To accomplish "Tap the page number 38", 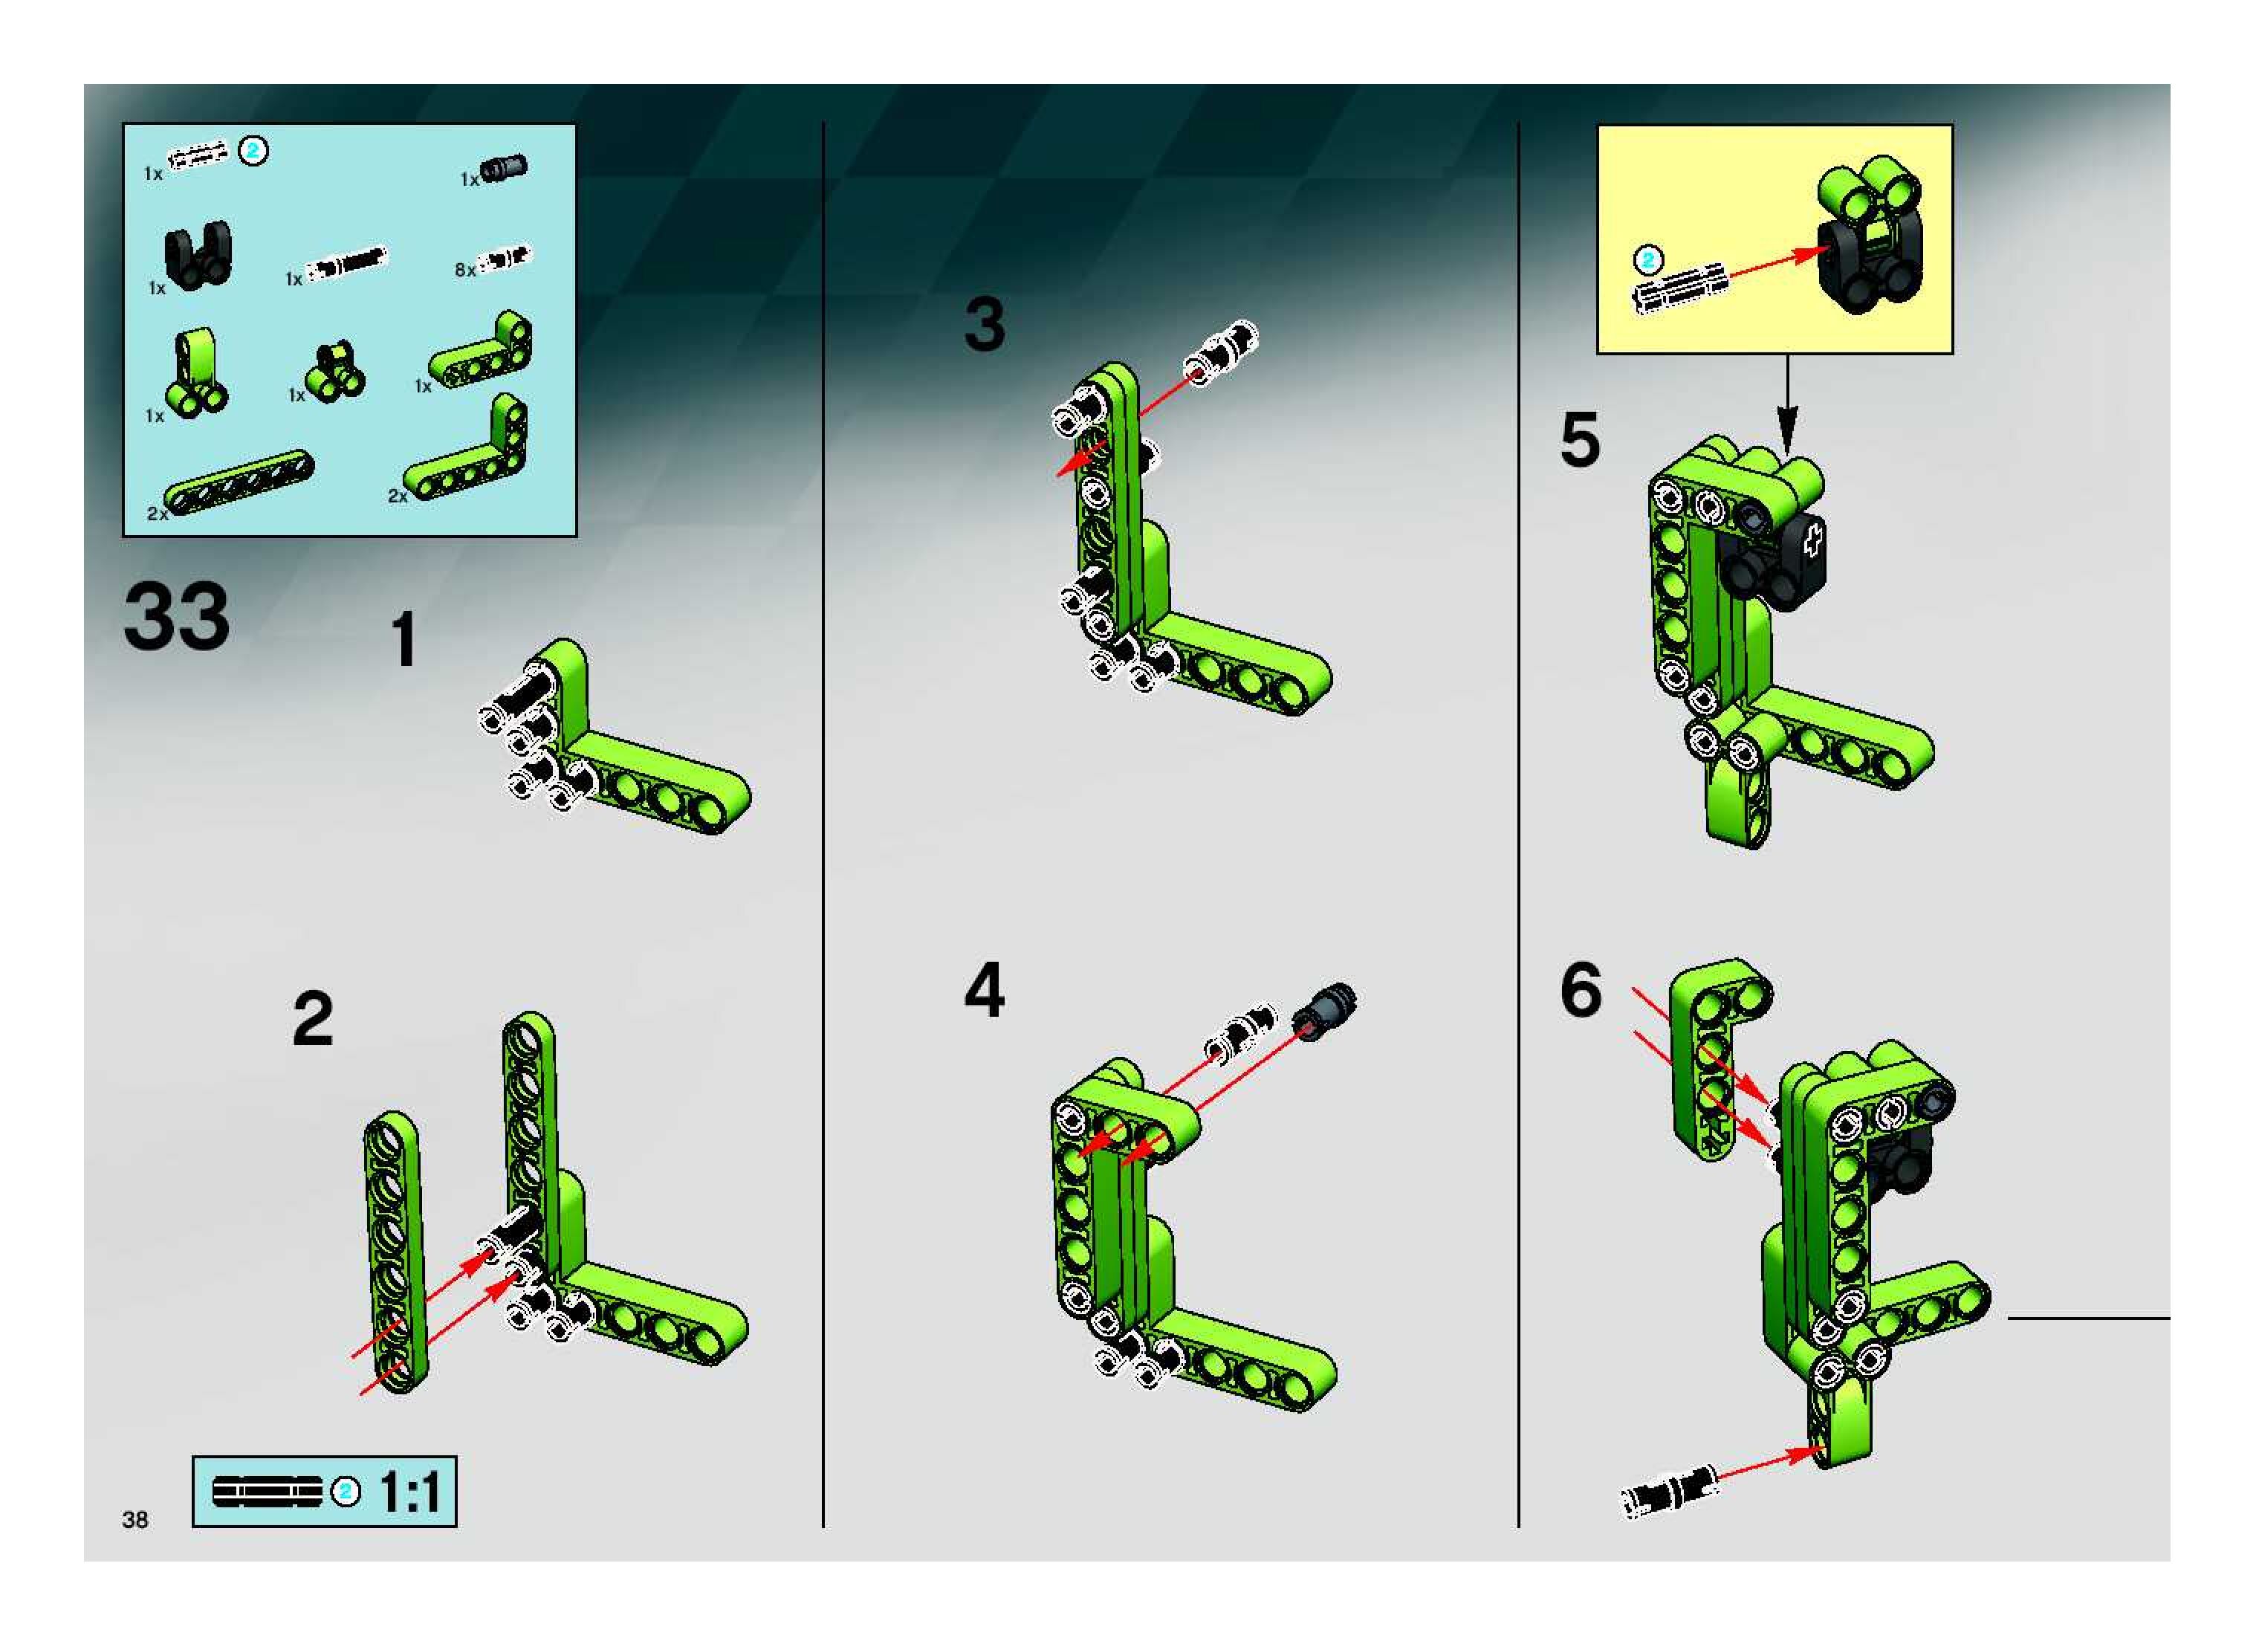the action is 134,1520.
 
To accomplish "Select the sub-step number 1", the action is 403,639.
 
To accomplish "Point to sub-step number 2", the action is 313,1019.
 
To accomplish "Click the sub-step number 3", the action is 985,325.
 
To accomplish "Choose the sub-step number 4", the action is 985,991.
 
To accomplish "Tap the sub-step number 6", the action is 1580,991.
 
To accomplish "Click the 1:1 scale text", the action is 409,1493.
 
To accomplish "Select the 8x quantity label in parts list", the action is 464,270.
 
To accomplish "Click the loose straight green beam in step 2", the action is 395,1252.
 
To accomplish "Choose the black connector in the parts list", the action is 197,256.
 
